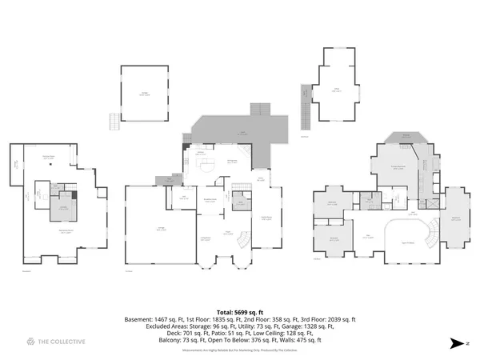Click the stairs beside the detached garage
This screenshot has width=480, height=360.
[x=115, y=122]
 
